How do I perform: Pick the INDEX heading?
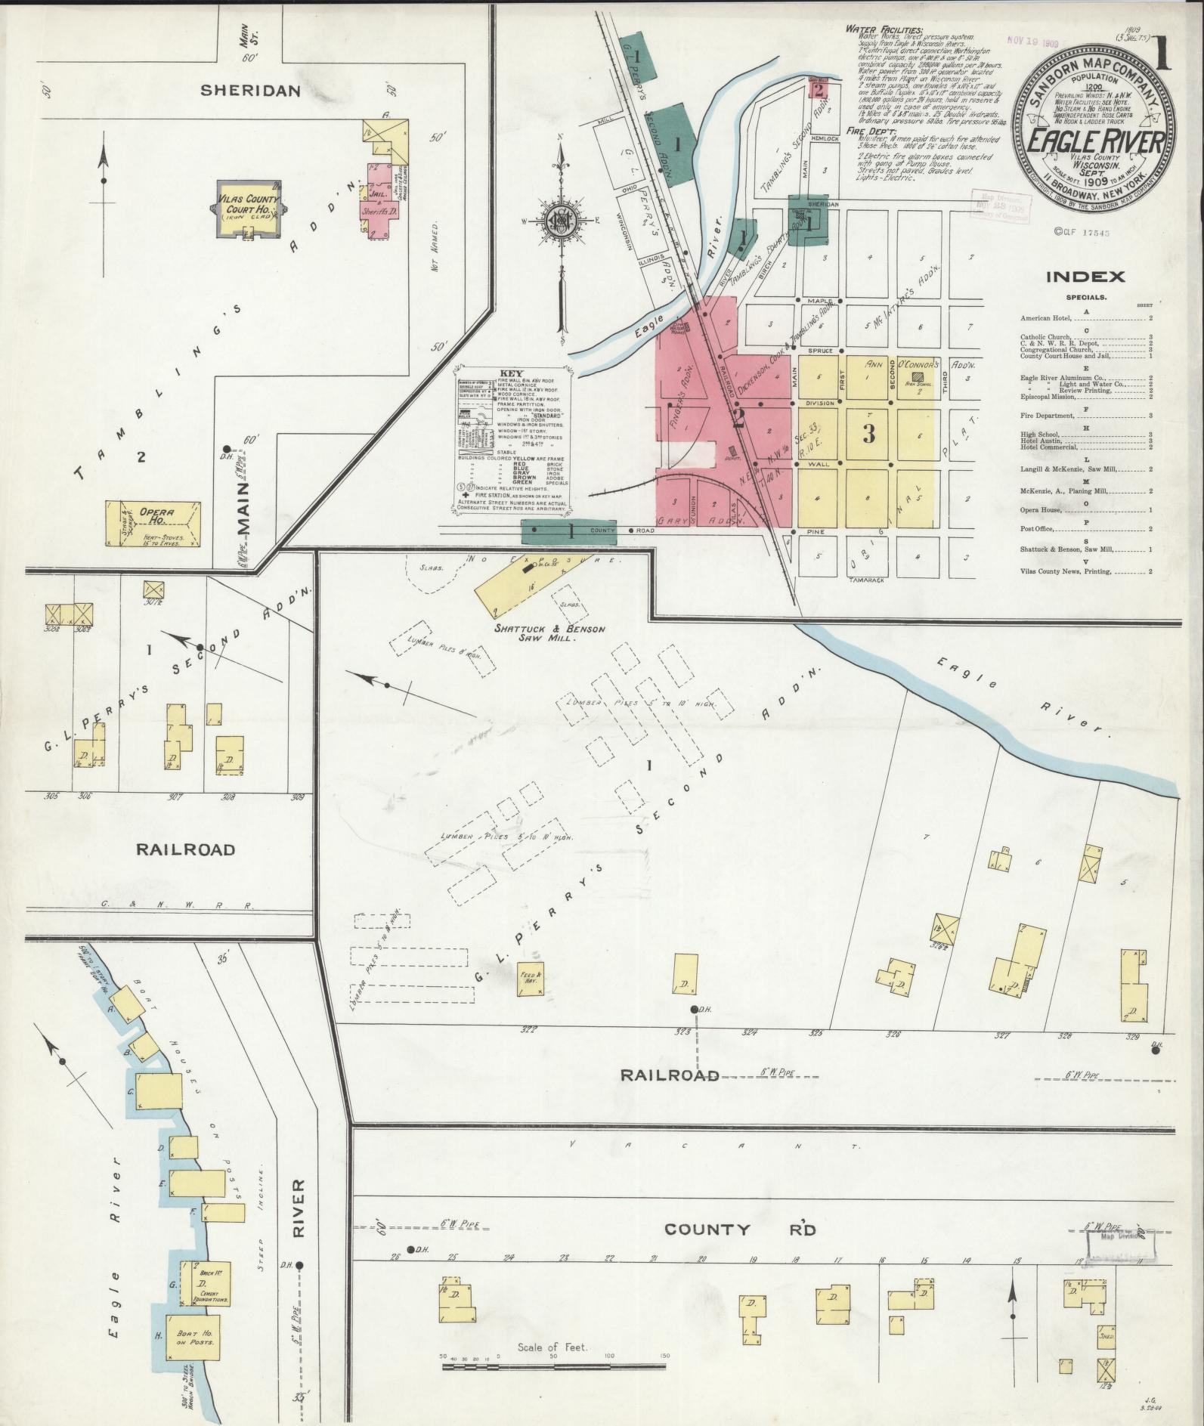click(x=1085, y=277)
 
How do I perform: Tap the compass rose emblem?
click(x=562, y=221)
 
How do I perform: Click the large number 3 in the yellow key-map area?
click(x=868, y=434)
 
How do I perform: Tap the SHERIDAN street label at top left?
click(x=250, y=91)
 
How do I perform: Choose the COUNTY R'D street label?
click(x=740, y=1230)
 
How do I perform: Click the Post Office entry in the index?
click(x=1037, y=528)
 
